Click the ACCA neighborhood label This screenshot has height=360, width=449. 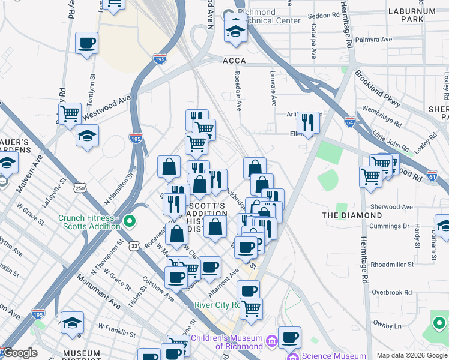(x=234, y=61)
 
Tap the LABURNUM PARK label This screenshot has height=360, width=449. (x=428, y=16)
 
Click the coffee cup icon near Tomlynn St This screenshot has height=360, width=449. (x=87, y=43)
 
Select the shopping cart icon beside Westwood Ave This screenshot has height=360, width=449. (x=70, y=112)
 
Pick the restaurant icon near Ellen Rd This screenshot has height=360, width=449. (x=308, y=122)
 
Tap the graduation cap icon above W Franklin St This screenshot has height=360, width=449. (x=72, y=322)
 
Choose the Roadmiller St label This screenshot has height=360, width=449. (x=393, y=263)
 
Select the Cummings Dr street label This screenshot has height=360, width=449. (x=389, y=226)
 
